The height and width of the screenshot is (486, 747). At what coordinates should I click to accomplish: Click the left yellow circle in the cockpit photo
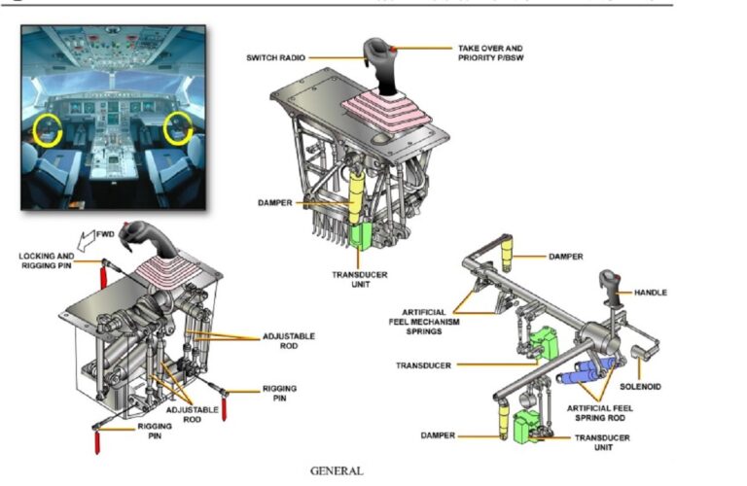(46, 128)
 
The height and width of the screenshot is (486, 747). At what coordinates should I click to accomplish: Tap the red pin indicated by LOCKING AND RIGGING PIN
(100, 277)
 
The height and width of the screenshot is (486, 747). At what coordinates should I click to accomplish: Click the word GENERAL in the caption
(337, 470)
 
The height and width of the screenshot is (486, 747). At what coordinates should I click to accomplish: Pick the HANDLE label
(651, 293)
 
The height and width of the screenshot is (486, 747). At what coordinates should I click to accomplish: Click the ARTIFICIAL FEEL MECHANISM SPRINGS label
(417, 322)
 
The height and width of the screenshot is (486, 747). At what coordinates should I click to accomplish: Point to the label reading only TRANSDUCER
(422, 365)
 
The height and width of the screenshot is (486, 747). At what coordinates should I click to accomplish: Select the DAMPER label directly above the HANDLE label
(565, 257)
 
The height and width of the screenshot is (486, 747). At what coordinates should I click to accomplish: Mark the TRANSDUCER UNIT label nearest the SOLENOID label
(600, 442)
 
